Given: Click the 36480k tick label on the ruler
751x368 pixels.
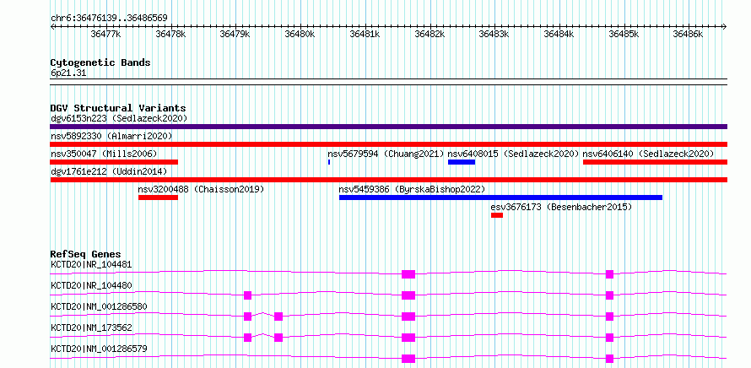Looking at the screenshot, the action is tap(300, 34).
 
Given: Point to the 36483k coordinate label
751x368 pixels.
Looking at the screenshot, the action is tap(494, 34).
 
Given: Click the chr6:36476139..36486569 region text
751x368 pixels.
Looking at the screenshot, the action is tap(109, 19).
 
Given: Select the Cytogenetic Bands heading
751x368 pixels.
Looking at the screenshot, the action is tap(100, 62).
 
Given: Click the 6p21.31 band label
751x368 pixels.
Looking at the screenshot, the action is tap(68, 73).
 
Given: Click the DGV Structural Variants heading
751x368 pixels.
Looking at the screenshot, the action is tap(118, 108).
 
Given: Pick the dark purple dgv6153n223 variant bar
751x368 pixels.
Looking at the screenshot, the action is tap(388, 127).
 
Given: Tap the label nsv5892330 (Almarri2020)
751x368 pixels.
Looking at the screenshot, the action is tap(111, 136).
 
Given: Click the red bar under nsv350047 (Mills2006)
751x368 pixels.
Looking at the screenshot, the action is tap(114, 162).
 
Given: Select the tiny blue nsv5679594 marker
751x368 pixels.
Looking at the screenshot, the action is tap(329, 162).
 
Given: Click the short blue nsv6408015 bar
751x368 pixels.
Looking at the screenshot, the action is tap(462, 162).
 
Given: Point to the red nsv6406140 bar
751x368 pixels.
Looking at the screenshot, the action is tap(655, 162).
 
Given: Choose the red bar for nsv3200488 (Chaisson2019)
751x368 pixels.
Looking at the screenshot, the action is tap(158, 198).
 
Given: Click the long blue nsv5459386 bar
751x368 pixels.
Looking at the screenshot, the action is tap(500, 198).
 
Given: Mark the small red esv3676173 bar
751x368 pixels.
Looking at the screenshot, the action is tap(497, 215).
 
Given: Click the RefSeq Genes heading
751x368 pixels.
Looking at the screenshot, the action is tap(86, 254).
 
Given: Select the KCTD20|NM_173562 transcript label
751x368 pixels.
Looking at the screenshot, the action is tap(91, 327).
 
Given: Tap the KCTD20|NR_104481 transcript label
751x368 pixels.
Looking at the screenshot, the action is tap(91, 264).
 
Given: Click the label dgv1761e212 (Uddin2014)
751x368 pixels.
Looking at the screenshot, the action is tap(109, 171).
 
